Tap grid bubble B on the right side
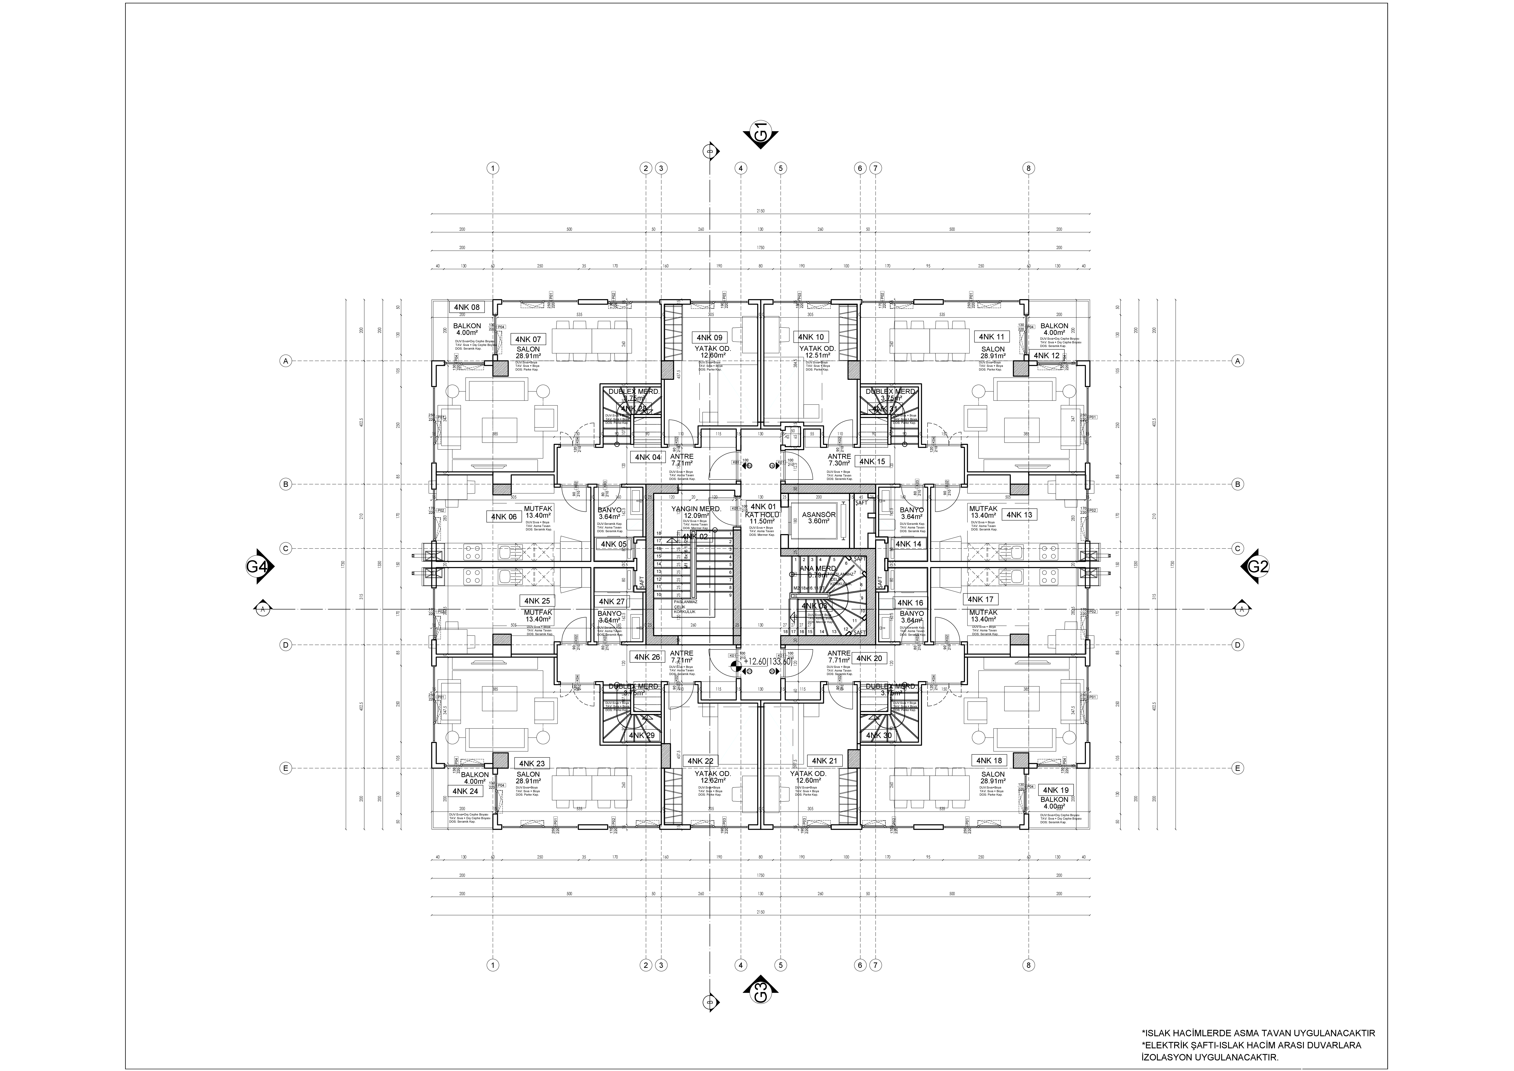click(x=1238, y=484)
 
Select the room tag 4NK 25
click(x=537, y=601)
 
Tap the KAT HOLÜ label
click(x=762, y=514)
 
